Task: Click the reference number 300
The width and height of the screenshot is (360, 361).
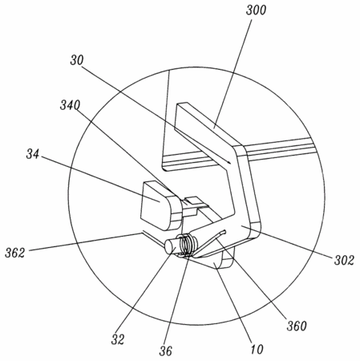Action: (256, 10)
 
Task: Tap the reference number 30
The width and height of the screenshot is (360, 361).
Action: (77, 60)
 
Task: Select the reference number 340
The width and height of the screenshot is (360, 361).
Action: (70, 105)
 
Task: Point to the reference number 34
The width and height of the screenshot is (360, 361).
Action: (33, 154)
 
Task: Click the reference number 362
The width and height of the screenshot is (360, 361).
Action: (15, 253)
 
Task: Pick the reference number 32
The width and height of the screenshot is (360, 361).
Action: (118, 339)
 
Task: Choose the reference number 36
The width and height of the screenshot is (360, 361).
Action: (166, 351)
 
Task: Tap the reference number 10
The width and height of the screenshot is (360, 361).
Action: (257, 349)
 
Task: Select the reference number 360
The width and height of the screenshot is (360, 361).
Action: (297, 326)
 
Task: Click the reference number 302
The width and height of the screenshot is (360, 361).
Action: (344, 260)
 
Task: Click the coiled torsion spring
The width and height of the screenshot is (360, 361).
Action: (187, 244)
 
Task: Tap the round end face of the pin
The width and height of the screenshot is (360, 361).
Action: (169, 246)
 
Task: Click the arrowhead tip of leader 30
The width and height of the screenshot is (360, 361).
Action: (230, 164)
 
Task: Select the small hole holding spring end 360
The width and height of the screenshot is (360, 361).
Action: (224, 232)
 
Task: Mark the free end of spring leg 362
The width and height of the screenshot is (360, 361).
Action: (142, 232)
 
